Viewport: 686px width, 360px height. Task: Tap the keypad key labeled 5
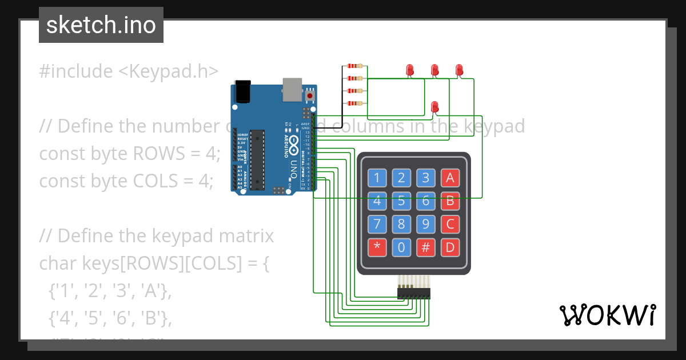point(401,201)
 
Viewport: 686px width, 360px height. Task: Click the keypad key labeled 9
point(425,223)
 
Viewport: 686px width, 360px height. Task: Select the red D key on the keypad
point(450,247)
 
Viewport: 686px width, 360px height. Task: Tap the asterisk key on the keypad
point(377,247)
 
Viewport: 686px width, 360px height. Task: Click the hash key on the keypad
point(425,247)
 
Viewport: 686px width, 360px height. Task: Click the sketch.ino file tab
point(101,25)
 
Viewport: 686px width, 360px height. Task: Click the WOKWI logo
point(607,315)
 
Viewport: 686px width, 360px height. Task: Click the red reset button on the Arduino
point(310,95)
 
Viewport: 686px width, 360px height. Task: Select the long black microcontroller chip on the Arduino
point(257,159)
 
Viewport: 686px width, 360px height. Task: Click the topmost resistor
point(355,67)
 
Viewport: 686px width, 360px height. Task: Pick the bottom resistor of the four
point(355,103)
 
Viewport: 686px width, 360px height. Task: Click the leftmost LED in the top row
point(409,70)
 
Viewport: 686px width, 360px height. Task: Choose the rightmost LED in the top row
point(458,70)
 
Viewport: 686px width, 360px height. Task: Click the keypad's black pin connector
point(414,293)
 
